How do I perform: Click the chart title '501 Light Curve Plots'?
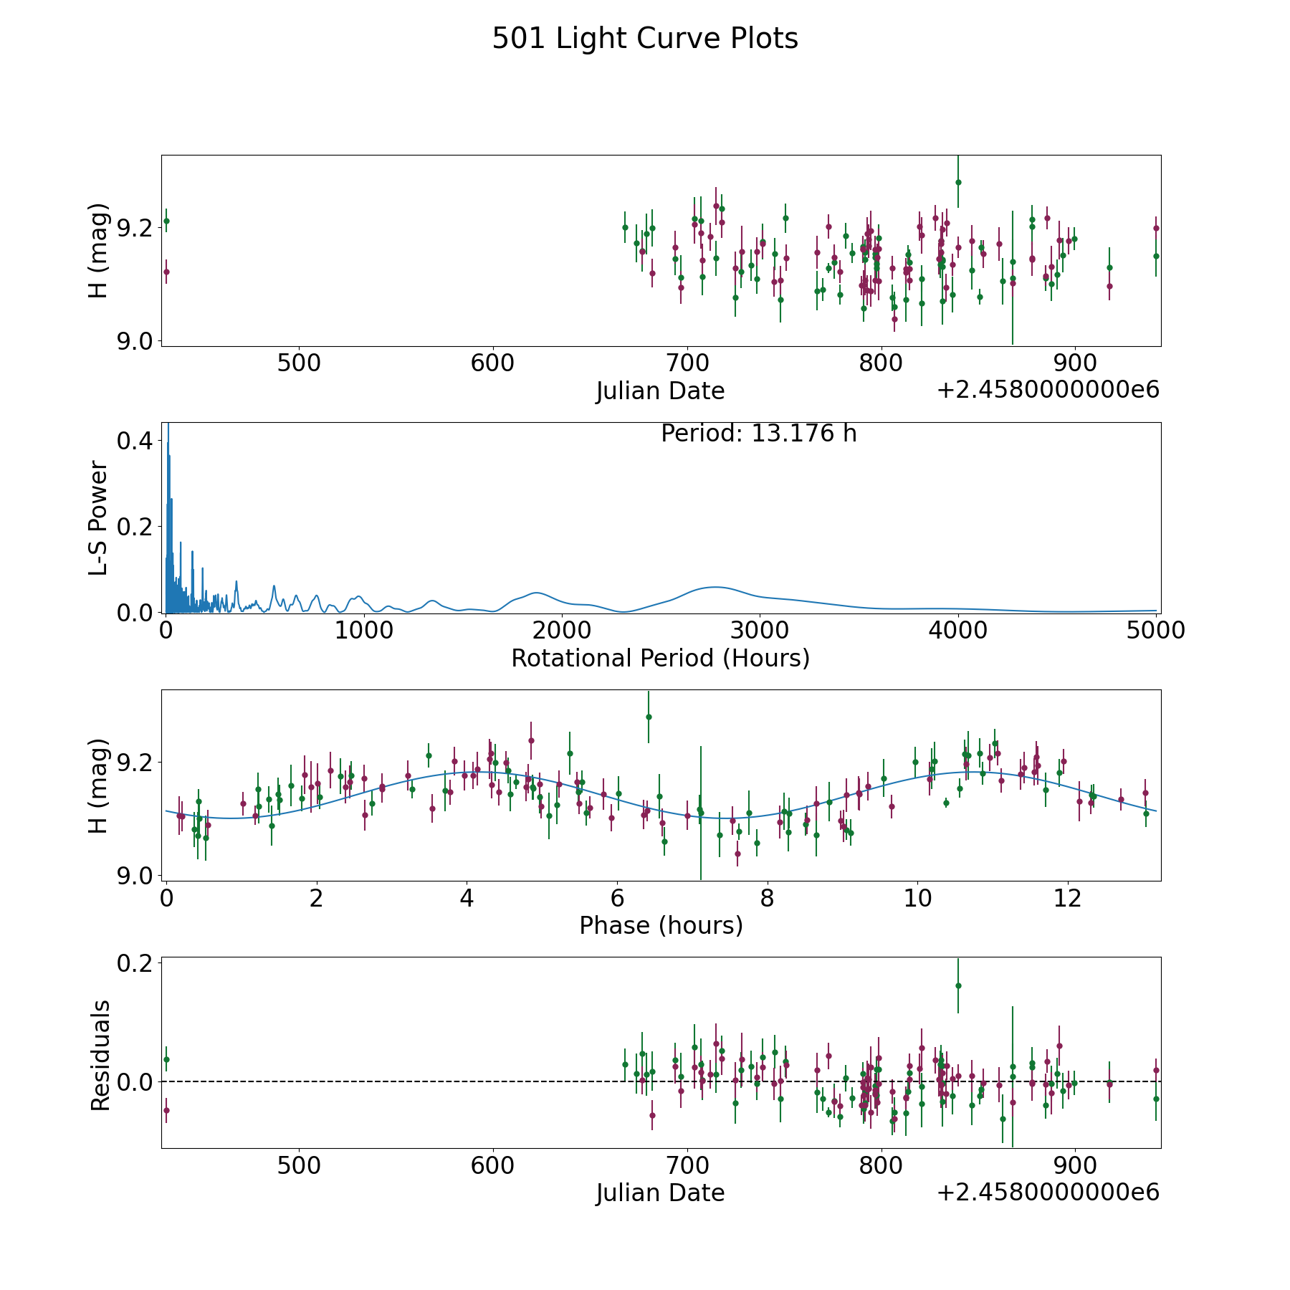[x=644, y=39]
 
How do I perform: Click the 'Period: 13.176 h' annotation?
[x=758, y=434]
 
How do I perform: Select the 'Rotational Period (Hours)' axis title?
[x=660, y=658]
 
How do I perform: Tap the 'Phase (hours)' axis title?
[x=660, y=925]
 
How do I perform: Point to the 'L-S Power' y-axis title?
[x=99, y=517]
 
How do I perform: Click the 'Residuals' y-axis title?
[x=100, y=1055]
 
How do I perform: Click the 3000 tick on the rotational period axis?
[x=759, y=631]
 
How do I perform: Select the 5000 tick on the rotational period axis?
[x=1155, y=631]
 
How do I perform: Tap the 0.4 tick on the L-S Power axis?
[x=135, y=441]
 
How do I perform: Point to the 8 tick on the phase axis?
[x=768, y=898]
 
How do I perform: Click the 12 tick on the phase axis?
[x=1068, y=898]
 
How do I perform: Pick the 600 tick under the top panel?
[x=492, y=363]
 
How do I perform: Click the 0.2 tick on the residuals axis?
[x=135, y=963]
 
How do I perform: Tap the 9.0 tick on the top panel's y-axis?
[x=135, y=341]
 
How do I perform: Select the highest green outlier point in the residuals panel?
[x=958, y=985]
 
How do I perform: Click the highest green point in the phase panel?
[x=649, y=717]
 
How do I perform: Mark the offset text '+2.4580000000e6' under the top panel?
[x=1048, y=391]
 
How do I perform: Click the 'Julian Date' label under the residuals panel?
[x=660, y=1193]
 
